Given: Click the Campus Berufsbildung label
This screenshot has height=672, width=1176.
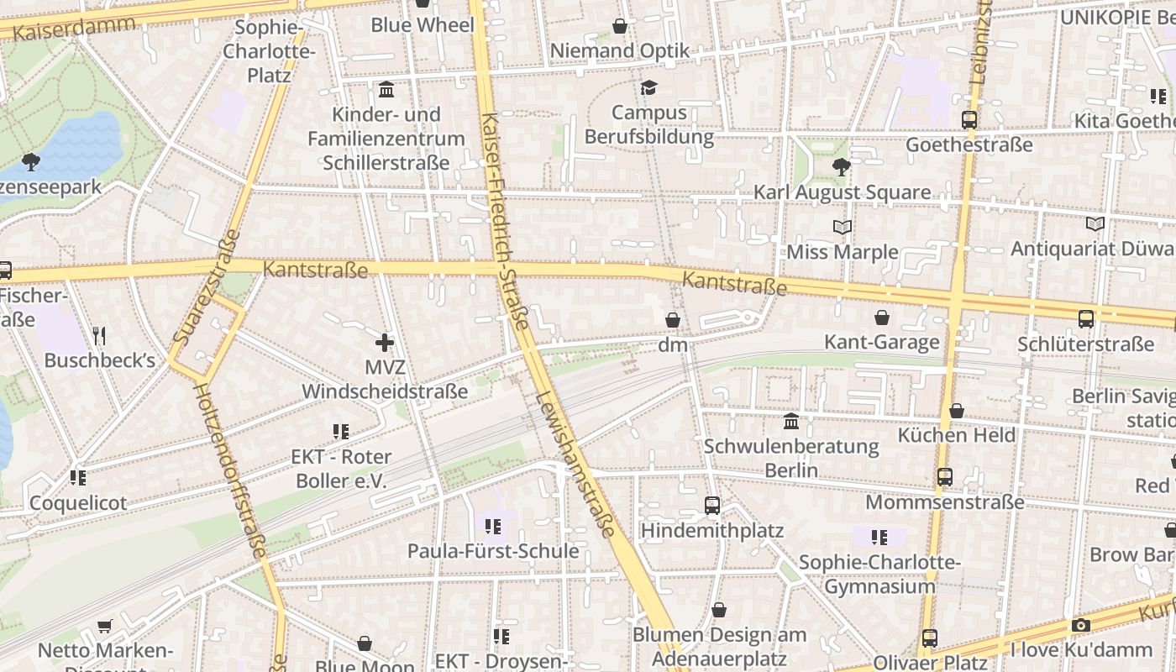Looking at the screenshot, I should (x=648, y=124).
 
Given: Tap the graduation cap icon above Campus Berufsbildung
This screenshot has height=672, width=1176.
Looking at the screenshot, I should (x=648, y=87).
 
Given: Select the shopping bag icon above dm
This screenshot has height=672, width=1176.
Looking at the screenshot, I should (x=672, y=320).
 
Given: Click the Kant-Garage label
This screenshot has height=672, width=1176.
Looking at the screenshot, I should (x=881, y=342).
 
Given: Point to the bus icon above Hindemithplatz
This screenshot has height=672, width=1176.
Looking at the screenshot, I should (x=711, y=505).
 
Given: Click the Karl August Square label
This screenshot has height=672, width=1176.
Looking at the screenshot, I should (x=842, y=192).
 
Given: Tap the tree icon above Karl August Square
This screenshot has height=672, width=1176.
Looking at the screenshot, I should (x=841, y=166).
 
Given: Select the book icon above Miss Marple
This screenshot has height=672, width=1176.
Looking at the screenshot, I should (x=842, y=227).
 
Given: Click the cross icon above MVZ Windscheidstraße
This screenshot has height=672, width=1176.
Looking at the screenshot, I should (x=385, y=342).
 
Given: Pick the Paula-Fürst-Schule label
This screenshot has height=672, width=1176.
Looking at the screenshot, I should (x=493, y=551).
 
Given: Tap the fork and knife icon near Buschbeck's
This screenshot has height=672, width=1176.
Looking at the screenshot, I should (x=99, y=336).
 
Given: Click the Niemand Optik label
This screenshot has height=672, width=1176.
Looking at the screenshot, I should (x=619, y=51).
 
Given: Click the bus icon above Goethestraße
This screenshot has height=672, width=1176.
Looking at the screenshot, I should (x=969, y=119).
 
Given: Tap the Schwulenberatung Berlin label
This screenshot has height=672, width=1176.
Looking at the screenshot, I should (x=790, y=458).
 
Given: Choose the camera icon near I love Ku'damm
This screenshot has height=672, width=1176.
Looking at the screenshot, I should (x=1080, y=625).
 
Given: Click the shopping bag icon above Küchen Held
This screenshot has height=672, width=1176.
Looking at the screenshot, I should (x=956, y=411).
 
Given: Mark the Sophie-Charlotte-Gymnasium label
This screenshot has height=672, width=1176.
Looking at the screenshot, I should (x=879, y=574).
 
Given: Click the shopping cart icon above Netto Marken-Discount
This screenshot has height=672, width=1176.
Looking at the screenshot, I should (x=104, y=626).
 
